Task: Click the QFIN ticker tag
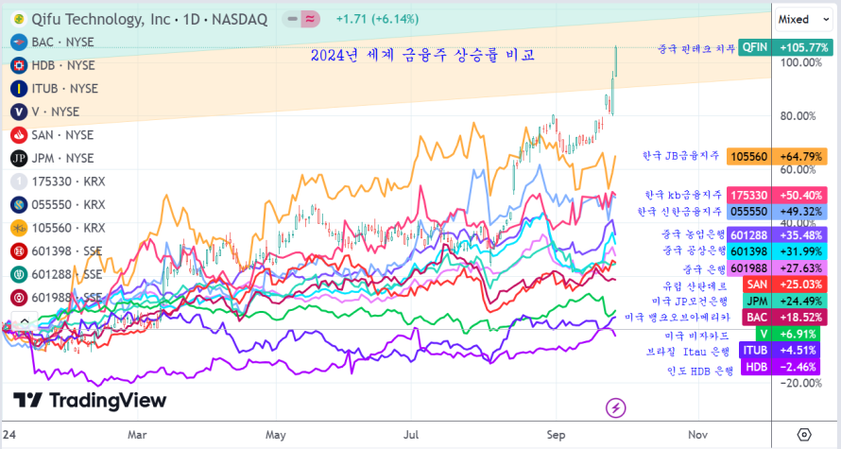pos(755,46)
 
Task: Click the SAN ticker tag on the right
pos(757,284)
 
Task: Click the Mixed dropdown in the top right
pos(798,19)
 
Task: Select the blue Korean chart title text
pos(423,56)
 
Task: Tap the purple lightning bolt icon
pos(616,407)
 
